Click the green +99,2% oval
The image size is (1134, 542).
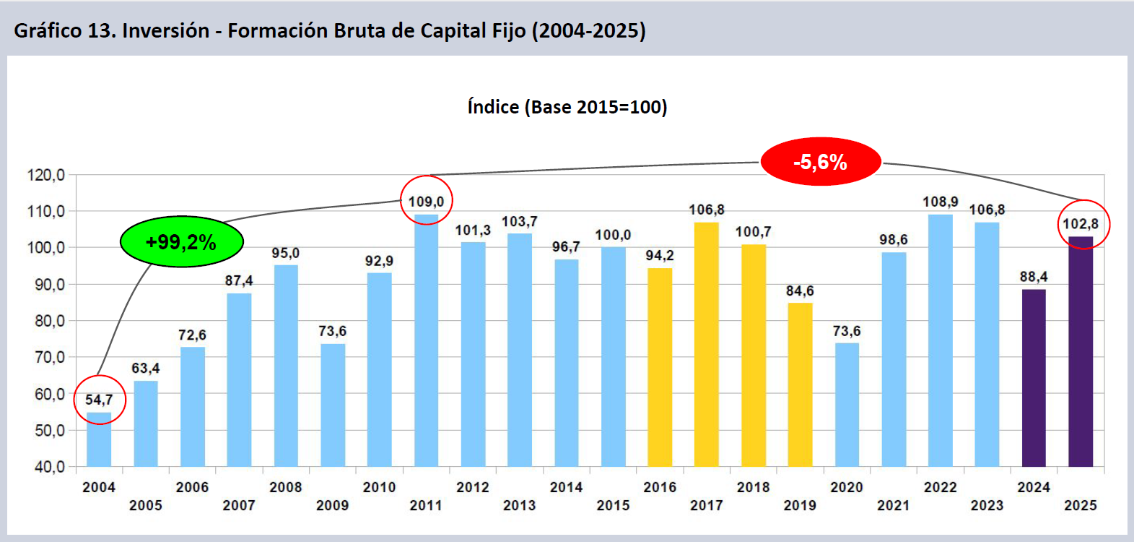181,241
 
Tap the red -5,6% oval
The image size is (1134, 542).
821,162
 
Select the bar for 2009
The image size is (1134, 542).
333,405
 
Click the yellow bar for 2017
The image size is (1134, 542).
706,344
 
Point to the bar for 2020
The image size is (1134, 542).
847,405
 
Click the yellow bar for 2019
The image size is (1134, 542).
800,384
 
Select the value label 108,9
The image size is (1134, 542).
940,202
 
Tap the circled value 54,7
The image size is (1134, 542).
99,400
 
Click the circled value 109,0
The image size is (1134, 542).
426,201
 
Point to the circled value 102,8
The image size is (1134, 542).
1081,224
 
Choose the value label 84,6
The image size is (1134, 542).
800,291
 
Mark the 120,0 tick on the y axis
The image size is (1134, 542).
46,175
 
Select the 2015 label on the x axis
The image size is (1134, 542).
613,505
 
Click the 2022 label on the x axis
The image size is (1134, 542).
940,487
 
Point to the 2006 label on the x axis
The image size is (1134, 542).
192,487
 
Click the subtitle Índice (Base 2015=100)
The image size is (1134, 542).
567,107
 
